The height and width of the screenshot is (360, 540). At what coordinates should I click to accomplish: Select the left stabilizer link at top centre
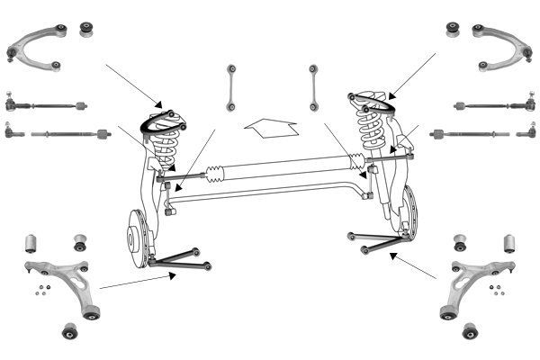pyautogui.click(x=231, y=88)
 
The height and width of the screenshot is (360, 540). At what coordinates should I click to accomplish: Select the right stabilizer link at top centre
pyautogui.click(x=312, y=87)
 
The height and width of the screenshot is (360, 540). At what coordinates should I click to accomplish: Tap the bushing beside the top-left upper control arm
pyautogui.click(x=87, y=30)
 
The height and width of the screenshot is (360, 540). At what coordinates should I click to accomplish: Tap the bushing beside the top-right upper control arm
pyautogui.click(x=454, y=31)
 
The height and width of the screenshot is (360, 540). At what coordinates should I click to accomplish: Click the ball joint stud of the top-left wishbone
pyautogui.click(x=11, y=55)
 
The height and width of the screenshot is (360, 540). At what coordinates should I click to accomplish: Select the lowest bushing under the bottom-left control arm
pyautogui.click(x=70, y=331)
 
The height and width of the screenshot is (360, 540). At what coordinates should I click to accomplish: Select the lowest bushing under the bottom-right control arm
pyautogui.click(x=469, y=331)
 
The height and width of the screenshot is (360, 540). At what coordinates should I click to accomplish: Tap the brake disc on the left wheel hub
pyautogui.click(x=135, y=238)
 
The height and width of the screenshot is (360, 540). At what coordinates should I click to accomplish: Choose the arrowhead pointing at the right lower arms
pyautogui.click(x=393, y=255)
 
